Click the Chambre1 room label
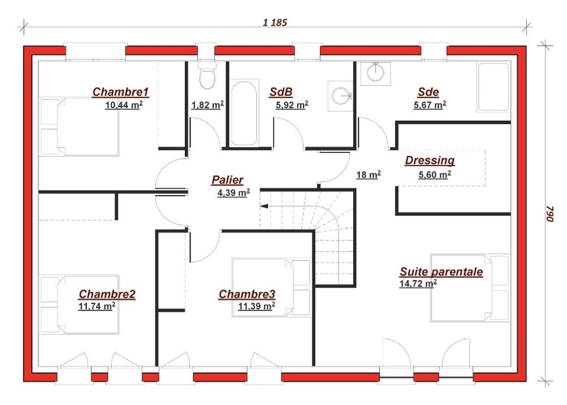(x=120, y=92)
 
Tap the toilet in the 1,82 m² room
(x=207, y=75)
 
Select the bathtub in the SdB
(x=244, y=113)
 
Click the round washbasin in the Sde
(x=376, y=73)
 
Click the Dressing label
(x=430, y=160)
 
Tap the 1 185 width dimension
(x=275, y=23)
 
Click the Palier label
(x=227, y=180)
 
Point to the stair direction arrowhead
(x=264, y=206)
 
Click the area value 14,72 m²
(x=418, y=284)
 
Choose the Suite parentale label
(x=441, y=272)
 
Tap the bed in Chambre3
(x=271, y=288)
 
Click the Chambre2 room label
(x=107, y=294)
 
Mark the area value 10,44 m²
(x=124, y=106)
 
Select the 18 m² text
(x=369, y=175)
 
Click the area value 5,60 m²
(x=435, y=175)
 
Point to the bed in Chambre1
(x=79, y=126)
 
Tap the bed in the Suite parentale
(x=469, y=288)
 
